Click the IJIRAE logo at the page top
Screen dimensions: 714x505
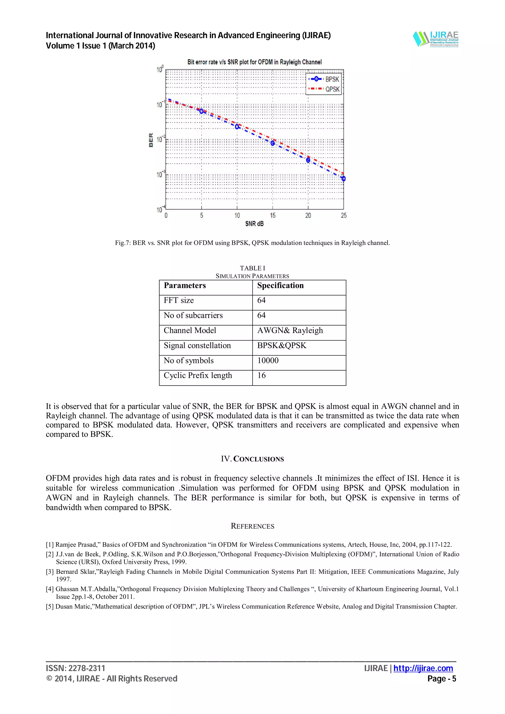[436, 39]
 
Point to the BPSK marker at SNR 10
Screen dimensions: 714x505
[237, 127]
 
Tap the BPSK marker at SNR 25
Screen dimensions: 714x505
[343, 178]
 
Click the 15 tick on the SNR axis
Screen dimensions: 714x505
[272, 215]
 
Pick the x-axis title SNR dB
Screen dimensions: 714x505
[254, 224]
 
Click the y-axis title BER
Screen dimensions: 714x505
[151, 140]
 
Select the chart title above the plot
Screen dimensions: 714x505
[254, 62]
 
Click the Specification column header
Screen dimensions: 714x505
[280, 286]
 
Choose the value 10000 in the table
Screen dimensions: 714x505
[268, 360]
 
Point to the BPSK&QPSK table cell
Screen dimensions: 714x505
[282, 345]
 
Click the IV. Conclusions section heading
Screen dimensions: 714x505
[252, 459]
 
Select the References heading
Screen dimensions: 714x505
[252, 526]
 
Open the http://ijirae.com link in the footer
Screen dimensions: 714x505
[423, 668]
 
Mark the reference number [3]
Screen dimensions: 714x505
[50, 572]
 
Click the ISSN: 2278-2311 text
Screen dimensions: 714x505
[76, 668]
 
